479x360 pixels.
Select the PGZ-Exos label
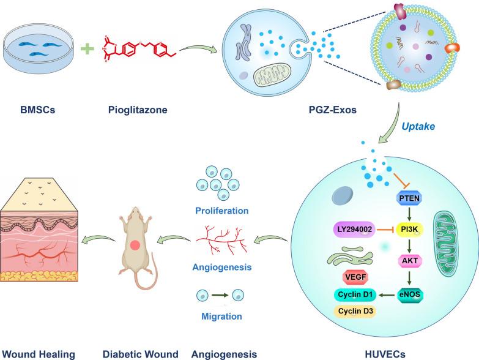pyautogui.click(x=291, y=113)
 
